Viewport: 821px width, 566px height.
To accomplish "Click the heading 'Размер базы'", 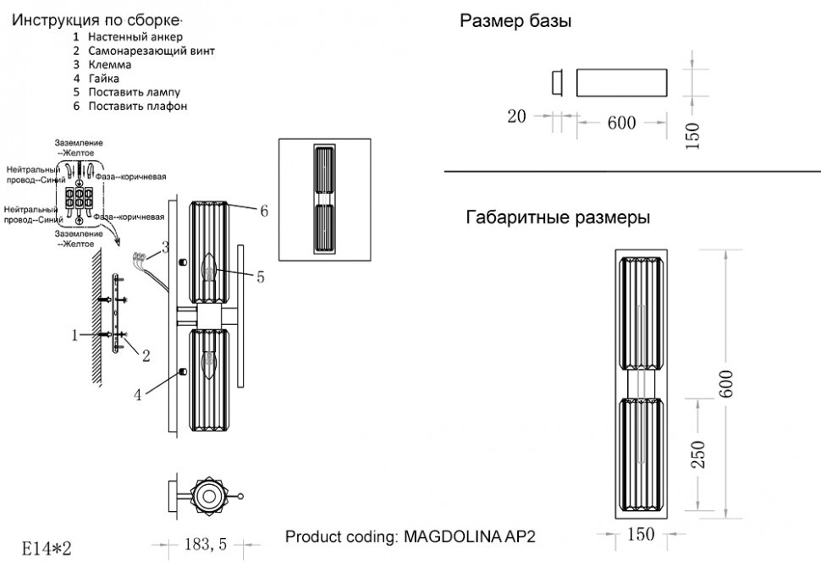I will [515, 22].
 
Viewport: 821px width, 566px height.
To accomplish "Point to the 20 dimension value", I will [517, 117].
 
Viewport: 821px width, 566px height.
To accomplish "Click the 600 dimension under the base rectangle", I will [621, 123].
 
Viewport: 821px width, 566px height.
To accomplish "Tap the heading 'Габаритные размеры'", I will [558, 217].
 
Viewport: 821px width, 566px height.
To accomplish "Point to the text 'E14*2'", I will [47, 546].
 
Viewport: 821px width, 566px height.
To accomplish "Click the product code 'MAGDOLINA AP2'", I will [471, 536].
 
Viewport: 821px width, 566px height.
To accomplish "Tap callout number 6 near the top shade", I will [263, 212].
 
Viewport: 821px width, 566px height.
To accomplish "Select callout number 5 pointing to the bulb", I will [261, 276].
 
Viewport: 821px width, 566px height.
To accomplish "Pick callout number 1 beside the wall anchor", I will [75, 336].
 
